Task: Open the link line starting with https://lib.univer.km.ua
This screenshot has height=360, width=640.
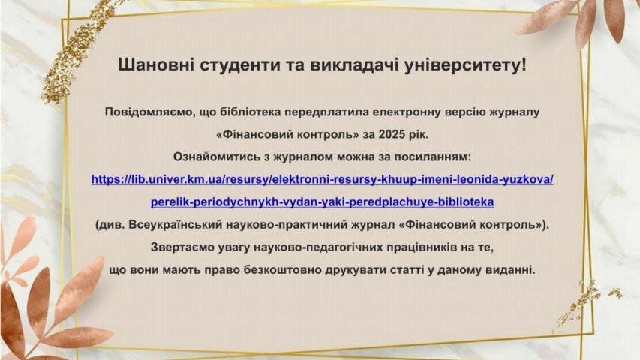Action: [x=322, y=179]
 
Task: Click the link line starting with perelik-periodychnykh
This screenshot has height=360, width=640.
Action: [x=322, y=202]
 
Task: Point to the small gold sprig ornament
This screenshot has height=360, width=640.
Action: [x=582, y=300]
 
